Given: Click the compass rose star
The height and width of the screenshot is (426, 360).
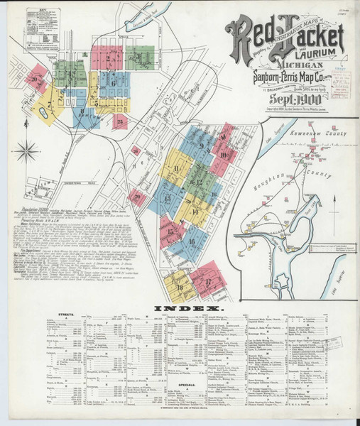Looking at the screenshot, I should (26, 150).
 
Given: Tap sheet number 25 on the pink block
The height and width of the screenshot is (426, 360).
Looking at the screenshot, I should (121, 122).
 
